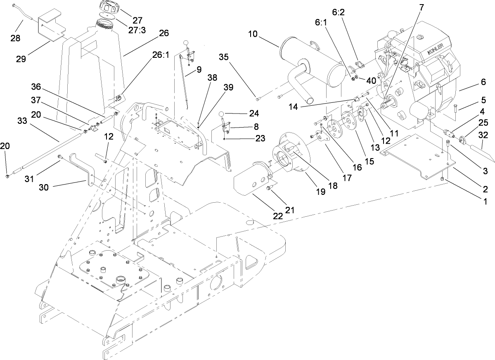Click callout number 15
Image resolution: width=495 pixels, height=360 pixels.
pos(369,161)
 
